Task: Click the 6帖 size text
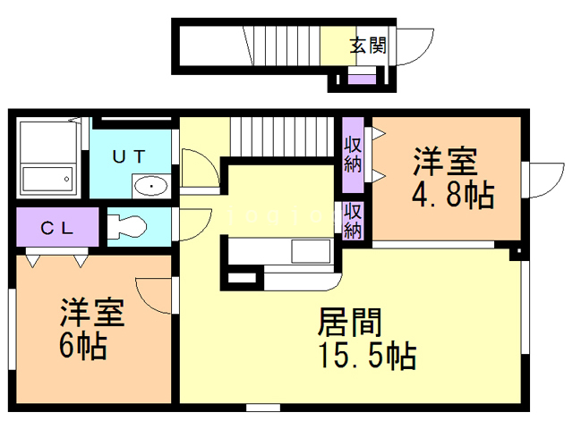tap(82, 345)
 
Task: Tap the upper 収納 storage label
tap(354, 153)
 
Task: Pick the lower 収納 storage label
tap(354, 220)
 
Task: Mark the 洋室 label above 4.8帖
tap(445, 163)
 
